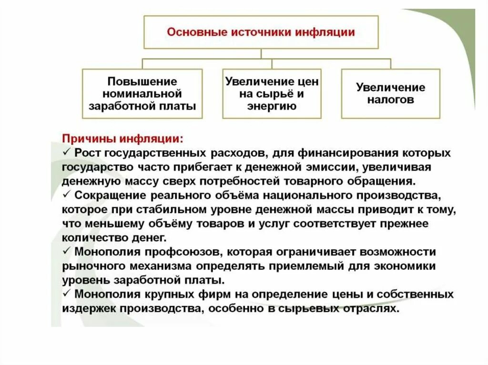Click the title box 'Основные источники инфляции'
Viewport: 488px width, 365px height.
[x=261, y=32]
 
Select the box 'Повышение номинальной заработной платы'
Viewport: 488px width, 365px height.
[x=142, y=94]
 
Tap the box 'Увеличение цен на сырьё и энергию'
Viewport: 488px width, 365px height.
[x=272, y=94]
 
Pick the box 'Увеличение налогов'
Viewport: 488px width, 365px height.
[x=390, y=94]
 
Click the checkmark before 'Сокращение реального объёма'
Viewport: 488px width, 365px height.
[x=66, y=196]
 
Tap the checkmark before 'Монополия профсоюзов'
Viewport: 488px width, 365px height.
[x=66, y=252]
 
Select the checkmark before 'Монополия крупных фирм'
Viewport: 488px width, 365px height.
[x=66, y=294]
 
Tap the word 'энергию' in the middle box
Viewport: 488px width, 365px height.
[x=272, y=106]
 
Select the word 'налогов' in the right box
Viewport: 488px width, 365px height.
[x=390, y=100]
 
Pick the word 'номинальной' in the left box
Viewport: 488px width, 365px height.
[x=142, y=94]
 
